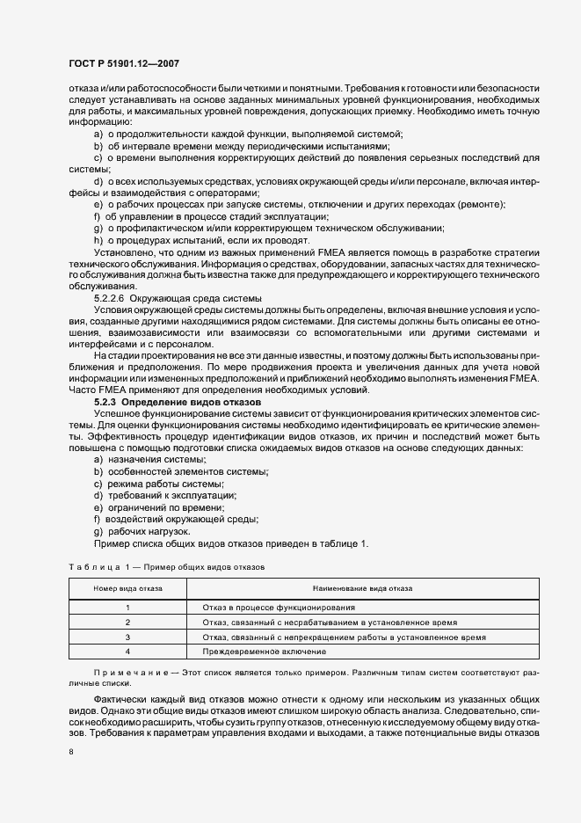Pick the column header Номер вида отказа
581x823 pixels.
coord(127,586)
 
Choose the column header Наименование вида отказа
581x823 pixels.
coord(349,586)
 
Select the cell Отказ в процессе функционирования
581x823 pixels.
coord(279,608)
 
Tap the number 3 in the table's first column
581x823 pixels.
coord(127,637)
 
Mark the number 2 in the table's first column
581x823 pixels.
coord(127,622)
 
